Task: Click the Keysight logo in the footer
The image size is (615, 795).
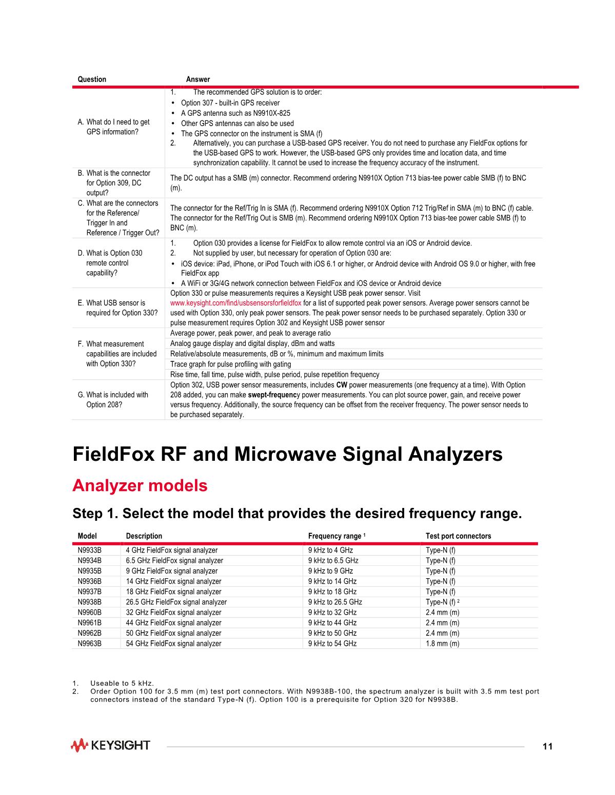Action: pyautogui.click(x=110, y=745)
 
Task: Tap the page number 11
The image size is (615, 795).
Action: pyautogui.click(x=547, y=746)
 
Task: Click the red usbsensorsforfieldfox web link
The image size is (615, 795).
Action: pyautogui.click(x=236, y=303)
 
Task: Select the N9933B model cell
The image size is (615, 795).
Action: pyautogui.click(x=90, y=551)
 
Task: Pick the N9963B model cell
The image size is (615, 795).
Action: pyautogui.click(x=90, y=643)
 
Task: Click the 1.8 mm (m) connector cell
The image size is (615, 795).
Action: pyautogui.click(x=442, y=643)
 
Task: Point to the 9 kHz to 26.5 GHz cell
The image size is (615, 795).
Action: pyautogui.click(x=335, y=602)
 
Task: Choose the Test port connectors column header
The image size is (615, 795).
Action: pyautogui.click(x=458, y=536)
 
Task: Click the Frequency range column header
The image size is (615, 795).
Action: pyautogui.click(x=334, y=536)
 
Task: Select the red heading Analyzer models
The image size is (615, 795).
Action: pyautogui.click(x=140, y=485)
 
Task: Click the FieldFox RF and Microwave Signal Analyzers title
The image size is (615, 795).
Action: pyautogui.click(x=287, y=455)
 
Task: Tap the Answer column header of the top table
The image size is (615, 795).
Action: pyautogui.click(x=198, y=79)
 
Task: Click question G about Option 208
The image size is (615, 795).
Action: pyautogui.click(x=117, y=399)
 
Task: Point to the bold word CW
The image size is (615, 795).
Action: pyautogui.click(x=342, y=385)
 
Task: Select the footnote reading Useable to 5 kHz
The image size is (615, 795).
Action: pyautogui.click(x=122, y=683)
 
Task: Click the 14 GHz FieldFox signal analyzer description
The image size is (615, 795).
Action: pyautogui.click(x=174, y=581)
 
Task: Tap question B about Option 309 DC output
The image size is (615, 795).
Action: pyautogui.click(x=117, y=183)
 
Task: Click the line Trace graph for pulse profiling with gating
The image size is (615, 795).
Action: pyautogui.click(x=231, y=364)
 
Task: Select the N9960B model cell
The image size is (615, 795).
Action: pyautogui.click(x=90, y=613)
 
